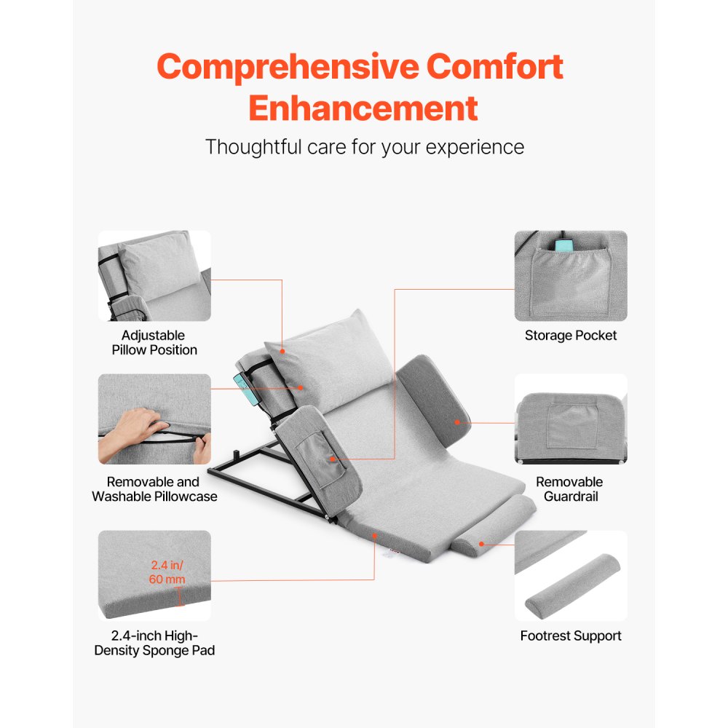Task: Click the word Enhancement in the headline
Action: point(363,108)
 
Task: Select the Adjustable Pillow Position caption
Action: point(154,343)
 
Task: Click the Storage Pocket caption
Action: point(570,336)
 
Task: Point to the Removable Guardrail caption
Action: point(569,489)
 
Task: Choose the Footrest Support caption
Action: point(570,636)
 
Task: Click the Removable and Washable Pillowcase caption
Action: point(154,489)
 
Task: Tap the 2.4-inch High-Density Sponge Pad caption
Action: point(154,643)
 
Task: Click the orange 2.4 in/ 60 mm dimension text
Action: point(168,572)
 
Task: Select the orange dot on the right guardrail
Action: point(457,422)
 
